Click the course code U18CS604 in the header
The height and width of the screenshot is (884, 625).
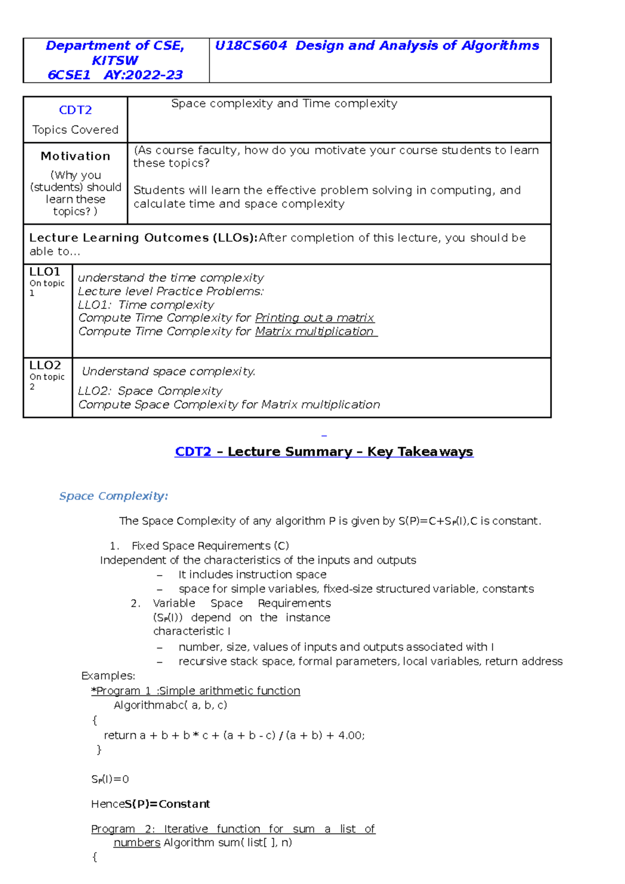point(251,46)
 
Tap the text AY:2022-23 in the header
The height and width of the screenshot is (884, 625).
point(143,75)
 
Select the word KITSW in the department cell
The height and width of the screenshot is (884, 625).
point(115,60)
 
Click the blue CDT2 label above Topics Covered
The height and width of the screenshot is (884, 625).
point(76,110)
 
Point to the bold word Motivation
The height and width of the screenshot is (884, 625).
point(76,156)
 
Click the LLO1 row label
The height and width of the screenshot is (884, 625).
point(45,272)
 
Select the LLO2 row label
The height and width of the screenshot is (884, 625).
point(45,365)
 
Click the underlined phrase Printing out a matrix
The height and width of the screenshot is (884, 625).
point(315,318)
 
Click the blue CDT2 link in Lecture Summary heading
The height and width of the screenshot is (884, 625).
point(193,452)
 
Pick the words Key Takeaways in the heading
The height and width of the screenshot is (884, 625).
point(420,452)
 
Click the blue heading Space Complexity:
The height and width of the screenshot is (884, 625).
point(114,496)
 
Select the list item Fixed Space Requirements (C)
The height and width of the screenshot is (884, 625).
point(210,546)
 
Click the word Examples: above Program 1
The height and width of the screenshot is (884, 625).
point(108,676)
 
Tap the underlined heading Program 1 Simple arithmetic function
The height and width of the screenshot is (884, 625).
point(196,691)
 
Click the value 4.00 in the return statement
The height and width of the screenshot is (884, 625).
point(350,736)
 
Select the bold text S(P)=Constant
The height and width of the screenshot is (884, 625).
point(167,804)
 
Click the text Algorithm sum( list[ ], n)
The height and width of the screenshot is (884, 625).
point(228,843)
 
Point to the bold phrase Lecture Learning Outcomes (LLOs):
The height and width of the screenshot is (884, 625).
point(143,238)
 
